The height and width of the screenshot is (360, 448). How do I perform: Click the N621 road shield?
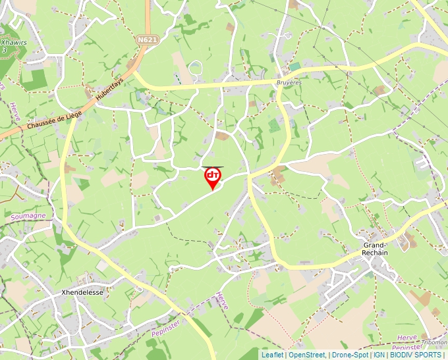click(148, 40)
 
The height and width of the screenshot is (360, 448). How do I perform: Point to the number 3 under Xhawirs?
click(5, 50)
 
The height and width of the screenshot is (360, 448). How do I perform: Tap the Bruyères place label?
click(288, 83)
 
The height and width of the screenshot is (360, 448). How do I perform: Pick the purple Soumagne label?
click(28, 216)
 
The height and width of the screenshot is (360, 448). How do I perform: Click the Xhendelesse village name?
click(82, 292)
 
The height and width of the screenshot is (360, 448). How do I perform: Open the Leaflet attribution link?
click(272, 355)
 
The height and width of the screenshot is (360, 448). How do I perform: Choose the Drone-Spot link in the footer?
click(349, 355)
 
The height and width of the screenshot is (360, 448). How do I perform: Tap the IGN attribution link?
click(379, 355)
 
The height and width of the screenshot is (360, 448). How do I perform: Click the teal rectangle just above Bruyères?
click(294, 67)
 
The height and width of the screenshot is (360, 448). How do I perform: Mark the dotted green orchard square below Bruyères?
click(274, 125)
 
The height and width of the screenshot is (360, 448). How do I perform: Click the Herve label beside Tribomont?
click(408, 337)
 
